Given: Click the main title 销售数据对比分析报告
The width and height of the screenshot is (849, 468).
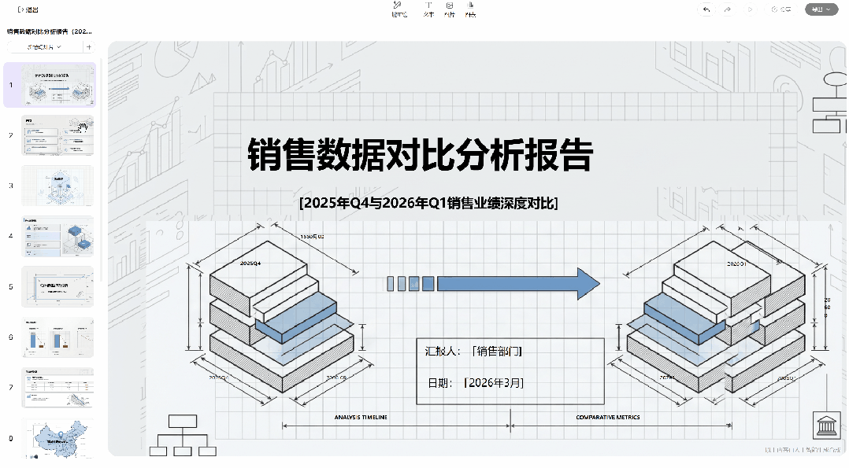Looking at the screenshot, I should [420, 155].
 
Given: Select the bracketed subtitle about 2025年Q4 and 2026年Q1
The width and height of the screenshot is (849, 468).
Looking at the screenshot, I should [428, 203].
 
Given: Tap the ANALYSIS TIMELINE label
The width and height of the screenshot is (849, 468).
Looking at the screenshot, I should [360, 417].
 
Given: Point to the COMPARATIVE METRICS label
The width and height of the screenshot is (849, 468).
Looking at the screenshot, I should [607, 417].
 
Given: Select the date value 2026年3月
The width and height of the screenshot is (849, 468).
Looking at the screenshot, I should [495, 383].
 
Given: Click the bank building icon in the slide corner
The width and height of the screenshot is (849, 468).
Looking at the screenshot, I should [826, 426].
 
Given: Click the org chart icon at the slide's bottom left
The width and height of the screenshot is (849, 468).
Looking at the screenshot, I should [183, 435].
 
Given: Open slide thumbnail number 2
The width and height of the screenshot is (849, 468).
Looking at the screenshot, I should [57, 135].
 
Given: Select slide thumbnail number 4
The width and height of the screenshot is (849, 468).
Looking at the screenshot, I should [57, 236].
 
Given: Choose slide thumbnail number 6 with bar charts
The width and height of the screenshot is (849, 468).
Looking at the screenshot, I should [57, 337].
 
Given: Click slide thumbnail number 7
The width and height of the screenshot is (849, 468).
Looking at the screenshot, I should [57, 388].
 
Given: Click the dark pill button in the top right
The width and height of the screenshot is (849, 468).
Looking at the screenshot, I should [821, 9].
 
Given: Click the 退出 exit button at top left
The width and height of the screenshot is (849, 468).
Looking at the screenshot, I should [28, 9].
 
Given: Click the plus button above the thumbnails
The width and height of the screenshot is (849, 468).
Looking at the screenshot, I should [88, 47].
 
